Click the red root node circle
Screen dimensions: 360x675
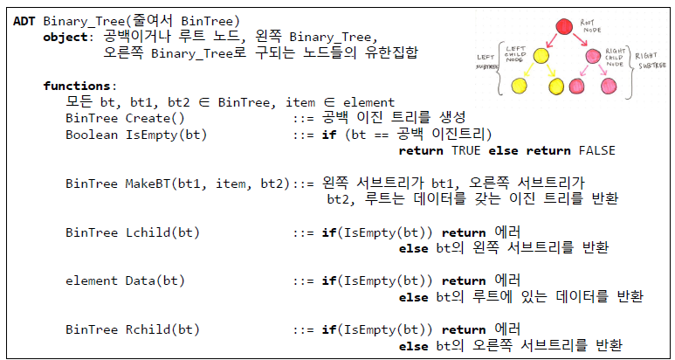click(562, 25)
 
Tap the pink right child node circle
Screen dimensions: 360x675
click(595, 58)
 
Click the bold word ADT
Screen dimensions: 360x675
click(24, 20)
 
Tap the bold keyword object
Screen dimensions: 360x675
click(65, 37)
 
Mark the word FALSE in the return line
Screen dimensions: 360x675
click(597, 150)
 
